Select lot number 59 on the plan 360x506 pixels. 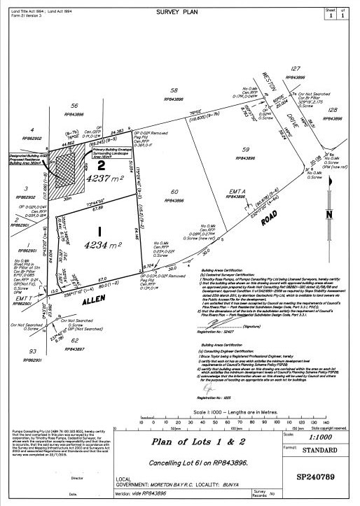click(245, 149)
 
